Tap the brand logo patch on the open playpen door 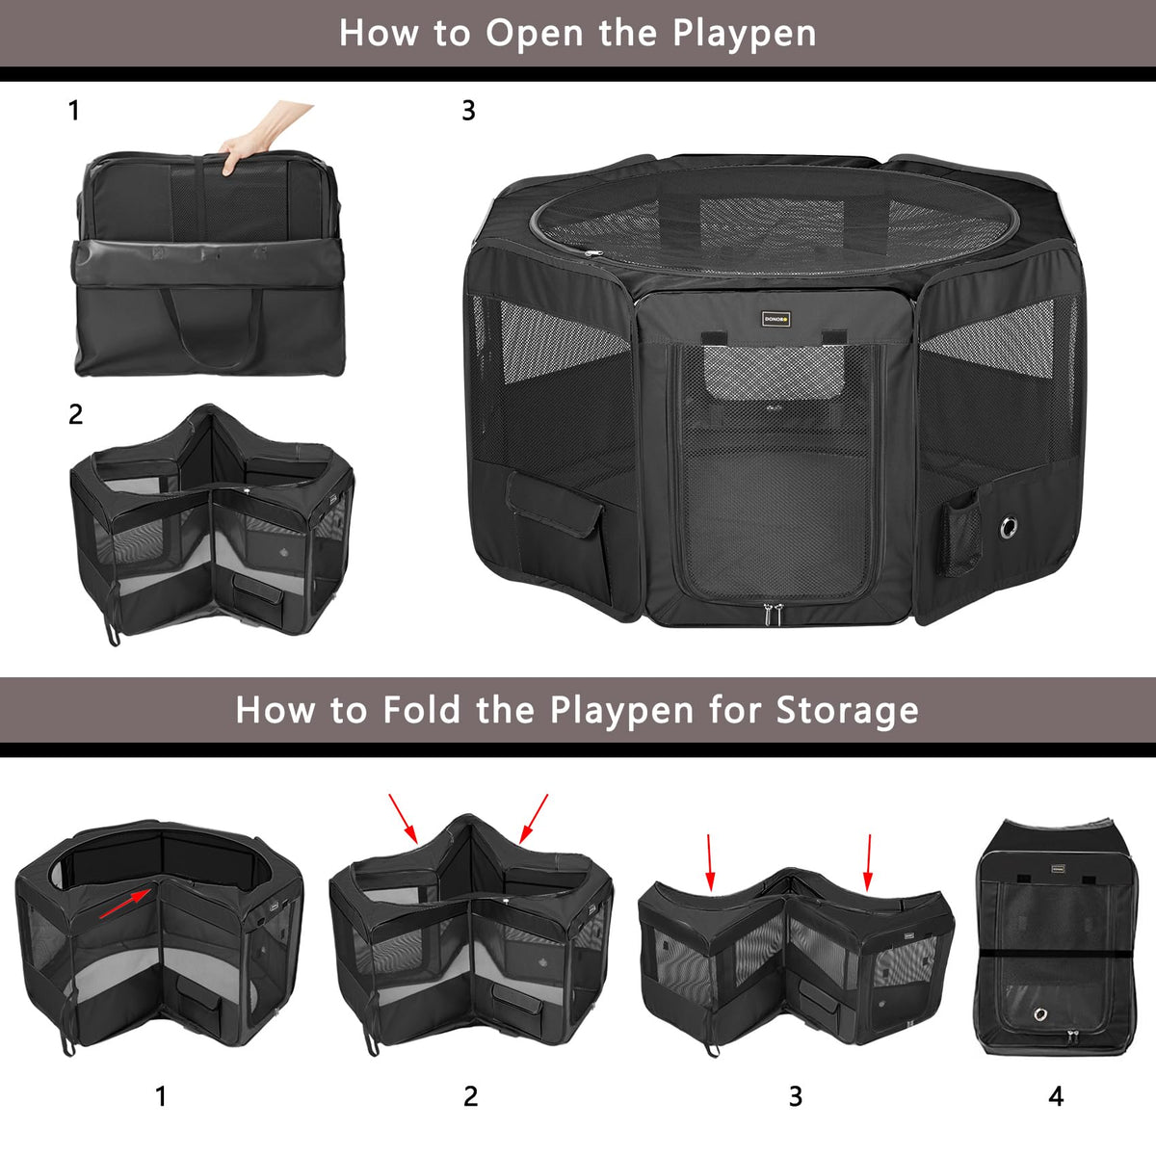(x=775, y=319)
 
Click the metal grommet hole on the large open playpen (x=1009, y=526)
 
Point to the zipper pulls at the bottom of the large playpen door (x=774, y=614)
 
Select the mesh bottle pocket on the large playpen (x=959, y=533)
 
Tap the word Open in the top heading (x=534, y=33)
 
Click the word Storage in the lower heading (x=847, y=711)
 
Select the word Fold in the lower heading (x=421, y=710)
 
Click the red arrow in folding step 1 (x=125, y=904)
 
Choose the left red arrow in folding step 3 (x=709, y=862)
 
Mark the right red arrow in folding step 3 (x=868, y=862)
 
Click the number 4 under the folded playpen (x=1056, y=1096)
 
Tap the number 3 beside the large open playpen (x=468, y=111)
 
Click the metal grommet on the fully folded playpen (x=1040, y=1014)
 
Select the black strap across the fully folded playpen (x=1057, y=955)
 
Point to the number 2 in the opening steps (x=75, y=414)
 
